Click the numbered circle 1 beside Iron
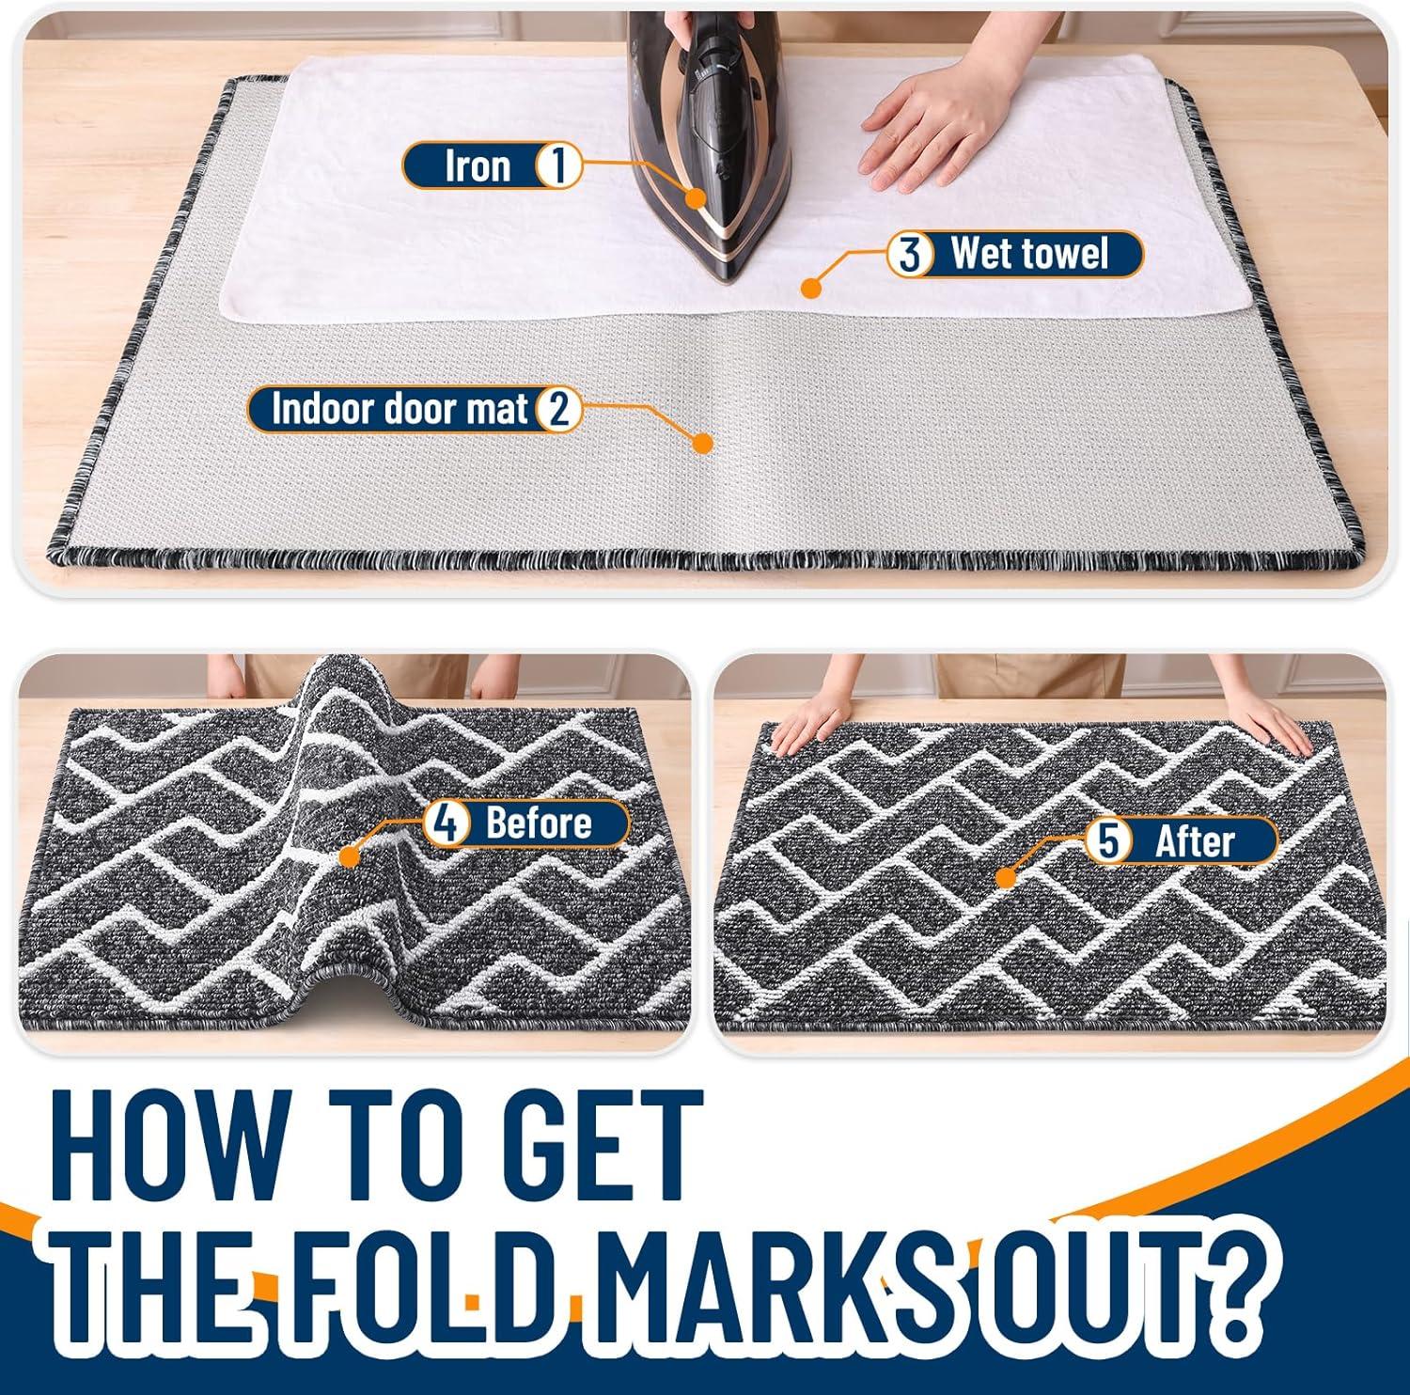pyautogui.click(x=557, y=166)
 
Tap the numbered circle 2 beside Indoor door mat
pyautogui.click(x=558, y=410)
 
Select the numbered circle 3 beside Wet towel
pyautogui.click(x=910, y=254)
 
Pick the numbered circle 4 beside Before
pyautogui.click(x=446, y=823)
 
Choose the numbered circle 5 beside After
pyautogui.click(x=1108, y=840)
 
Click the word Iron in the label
pyautogui.click(x=478, y=166)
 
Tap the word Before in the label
pyautogui.click(x=539, y=823)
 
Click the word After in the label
pyautogui.click(x=1194, y=840)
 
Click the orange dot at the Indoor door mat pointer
pyautogui.click(x=700, y=443)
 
